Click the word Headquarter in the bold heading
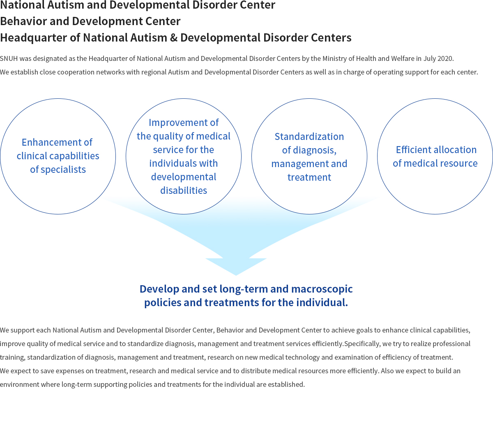33,38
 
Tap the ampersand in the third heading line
173,38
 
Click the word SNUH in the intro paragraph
9,58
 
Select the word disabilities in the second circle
184,191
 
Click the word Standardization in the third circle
309,137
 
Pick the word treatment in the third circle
309,177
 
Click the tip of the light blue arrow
236,276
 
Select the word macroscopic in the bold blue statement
322,289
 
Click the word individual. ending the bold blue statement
322,302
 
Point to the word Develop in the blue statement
159,289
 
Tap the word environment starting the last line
20,384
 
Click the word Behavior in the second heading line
23,21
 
